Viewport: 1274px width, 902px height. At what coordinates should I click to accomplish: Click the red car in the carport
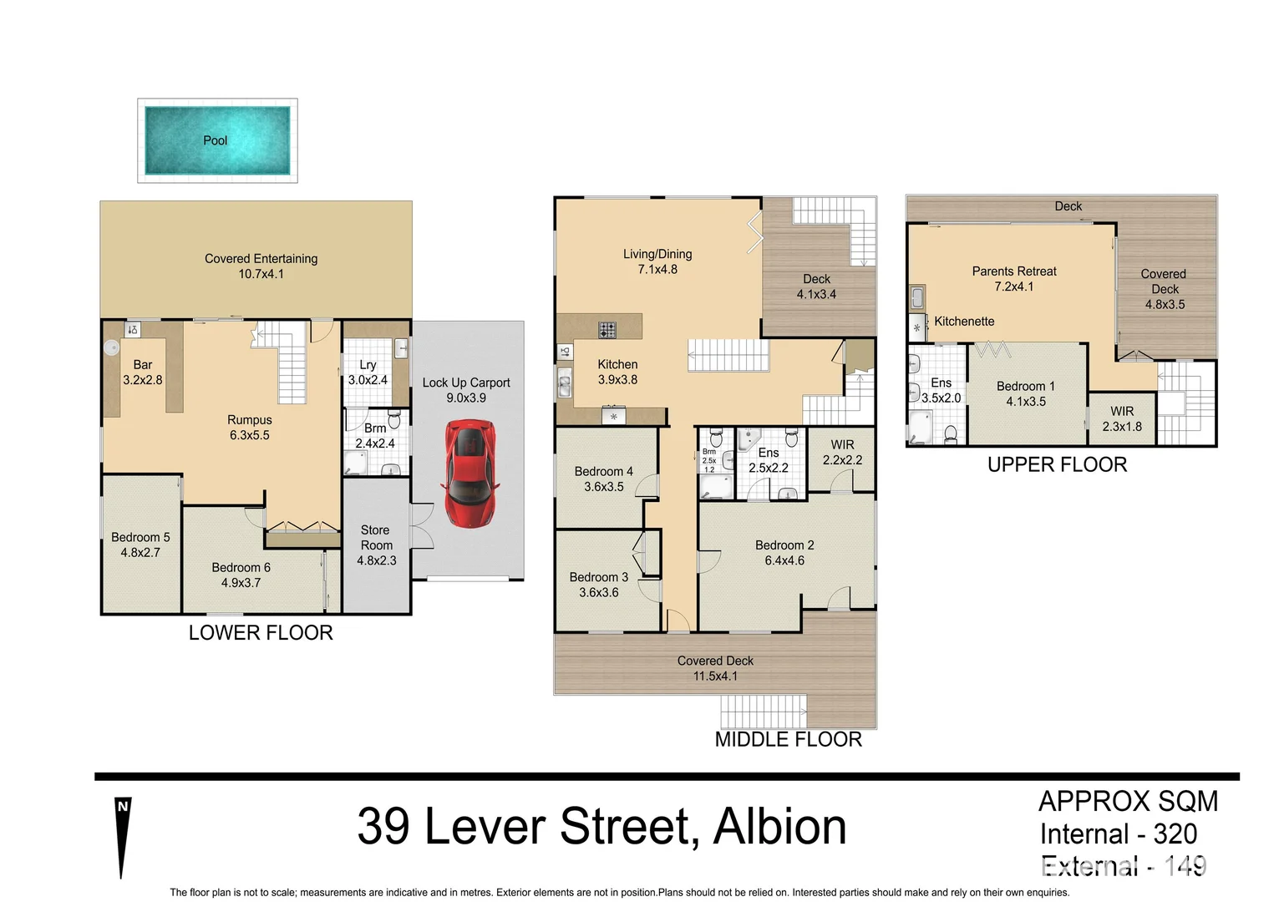click(x=470, y=472)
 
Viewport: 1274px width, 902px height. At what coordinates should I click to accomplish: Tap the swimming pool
click(x=217, y=140)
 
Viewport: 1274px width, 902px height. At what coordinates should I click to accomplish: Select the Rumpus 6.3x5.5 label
click(x=250, y=428)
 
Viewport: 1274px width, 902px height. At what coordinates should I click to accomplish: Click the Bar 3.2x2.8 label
click(x=143, y=372)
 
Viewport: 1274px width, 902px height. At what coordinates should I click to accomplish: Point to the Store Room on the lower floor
click(x=376, y=545)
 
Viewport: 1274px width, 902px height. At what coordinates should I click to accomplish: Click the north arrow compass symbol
click(x=123, y=835)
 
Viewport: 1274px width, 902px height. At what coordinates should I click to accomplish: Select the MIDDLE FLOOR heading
click(x=788, y=739)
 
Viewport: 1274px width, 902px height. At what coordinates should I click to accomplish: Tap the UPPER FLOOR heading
click(x=1057, y=465)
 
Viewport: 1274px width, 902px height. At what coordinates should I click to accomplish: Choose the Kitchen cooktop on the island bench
click(x=607, y=330)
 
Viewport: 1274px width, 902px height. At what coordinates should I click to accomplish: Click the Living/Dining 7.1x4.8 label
click(x=657, y=261)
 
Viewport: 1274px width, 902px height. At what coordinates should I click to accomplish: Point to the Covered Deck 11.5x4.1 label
click(x=715, y=668)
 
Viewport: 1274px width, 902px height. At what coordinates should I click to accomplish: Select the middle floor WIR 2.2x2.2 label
click(x=842, y=452)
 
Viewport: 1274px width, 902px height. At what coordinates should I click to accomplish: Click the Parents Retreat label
click(x=1014, y=279)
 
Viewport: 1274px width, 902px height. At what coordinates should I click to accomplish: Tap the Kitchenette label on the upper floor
click(x=964, y=322)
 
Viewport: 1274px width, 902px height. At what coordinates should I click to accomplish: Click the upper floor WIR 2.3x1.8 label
click(x=1122, y=418)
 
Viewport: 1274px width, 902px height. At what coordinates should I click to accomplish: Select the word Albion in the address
click(x=779, y=827)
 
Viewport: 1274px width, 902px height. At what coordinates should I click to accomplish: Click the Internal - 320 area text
click(x=1118, y=834)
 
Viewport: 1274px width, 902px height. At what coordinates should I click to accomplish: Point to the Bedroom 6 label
click(x=241, y=575)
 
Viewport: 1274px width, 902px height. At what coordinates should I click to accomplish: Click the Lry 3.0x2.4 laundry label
click(x=368, y=372)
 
